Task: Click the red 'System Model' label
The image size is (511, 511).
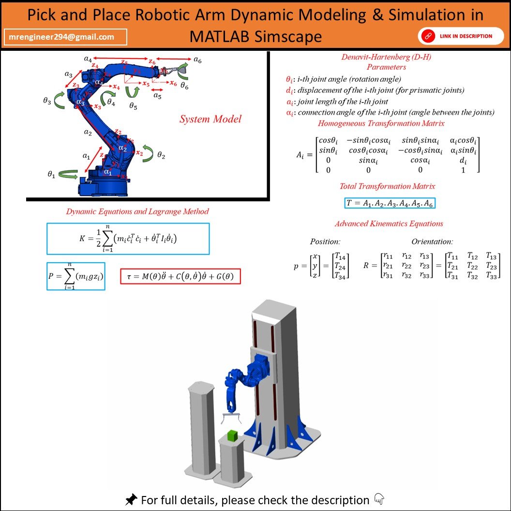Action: (210, 119)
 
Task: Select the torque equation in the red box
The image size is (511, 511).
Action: (180, 276)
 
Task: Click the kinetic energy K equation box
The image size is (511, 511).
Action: (128, 239)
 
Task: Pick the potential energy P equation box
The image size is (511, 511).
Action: (75, 276)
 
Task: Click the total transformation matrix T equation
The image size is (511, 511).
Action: (390, 203)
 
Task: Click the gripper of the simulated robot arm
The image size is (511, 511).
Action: (231, 417)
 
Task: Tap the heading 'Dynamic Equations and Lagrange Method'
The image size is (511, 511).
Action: (137, 211)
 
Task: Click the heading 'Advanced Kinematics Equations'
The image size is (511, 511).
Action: (389, 224)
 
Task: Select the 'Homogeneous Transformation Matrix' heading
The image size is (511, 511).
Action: (388, 123)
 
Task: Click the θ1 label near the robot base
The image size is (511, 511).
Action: (52, 175)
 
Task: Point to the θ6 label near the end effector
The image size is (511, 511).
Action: (184, 85)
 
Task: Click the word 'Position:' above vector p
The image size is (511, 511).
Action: (325, 241)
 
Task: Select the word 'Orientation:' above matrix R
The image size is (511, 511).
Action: (432, 241)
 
